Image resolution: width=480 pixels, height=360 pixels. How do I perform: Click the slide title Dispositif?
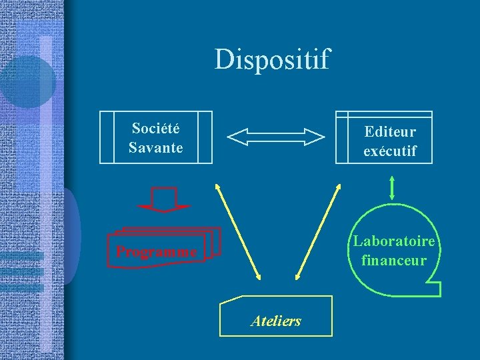coord(272,60)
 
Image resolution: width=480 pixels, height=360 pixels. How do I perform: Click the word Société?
coord(155,128)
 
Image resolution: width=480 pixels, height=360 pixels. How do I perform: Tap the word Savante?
coord(155,147)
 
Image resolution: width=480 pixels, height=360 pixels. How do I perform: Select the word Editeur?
coord(390,132)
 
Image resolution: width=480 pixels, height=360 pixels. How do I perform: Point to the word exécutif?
coord(390,151)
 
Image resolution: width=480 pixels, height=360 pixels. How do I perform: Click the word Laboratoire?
coord(394,241)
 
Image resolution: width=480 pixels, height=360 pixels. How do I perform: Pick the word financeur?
coord(393,260)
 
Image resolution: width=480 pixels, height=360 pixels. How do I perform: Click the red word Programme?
coord(156,252)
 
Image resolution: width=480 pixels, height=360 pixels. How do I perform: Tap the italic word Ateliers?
coord(276,321)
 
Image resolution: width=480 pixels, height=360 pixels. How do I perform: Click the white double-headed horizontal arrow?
coord(276,137)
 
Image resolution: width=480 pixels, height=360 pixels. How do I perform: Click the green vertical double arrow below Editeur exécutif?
coord(391,187)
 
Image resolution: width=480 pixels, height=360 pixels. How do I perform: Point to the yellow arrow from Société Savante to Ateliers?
coord(238,231)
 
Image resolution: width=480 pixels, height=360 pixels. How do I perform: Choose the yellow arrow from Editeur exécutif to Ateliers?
coord(317,231)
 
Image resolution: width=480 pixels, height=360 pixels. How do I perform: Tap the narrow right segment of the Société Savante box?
coord(205,137)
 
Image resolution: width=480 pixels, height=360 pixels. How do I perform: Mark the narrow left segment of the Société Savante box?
coord(107,137)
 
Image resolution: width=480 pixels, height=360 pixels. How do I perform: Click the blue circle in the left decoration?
coord(27,83)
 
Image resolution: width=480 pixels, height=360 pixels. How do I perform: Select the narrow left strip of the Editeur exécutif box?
coord(341,137)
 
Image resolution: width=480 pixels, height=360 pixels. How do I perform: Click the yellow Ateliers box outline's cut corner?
coord(229,301)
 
